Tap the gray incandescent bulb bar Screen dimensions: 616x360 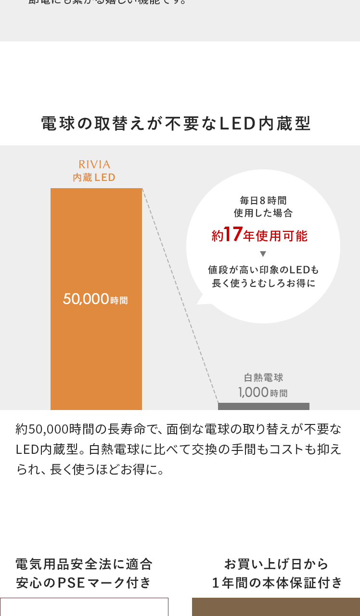[x=264, y=407]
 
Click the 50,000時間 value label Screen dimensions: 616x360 [x=95, y=299]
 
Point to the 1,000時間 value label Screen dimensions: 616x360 [x=263, y=392]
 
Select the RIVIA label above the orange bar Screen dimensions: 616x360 [x=94, y=165]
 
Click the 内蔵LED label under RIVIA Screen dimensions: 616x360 [x=94, y=178]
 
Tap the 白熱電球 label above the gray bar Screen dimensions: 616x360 [x=263, y=378]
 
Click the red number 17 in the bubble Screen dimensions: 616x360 [x=233, y=234]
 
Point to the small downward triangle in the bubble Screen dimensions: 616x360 [x=263, y=254]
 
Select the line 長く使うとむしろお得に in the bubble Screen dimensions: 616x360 [x=263, y=283]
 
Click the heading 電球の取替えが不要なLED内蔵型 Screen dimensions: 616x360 [x=176, y=124]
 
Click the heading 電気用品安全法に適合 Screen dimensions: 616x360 [x=84, y=564]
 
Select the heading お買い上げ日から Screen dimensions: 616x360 [x=276, y=564]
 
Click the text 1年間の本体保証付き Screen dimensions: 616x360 [x=277, y=583]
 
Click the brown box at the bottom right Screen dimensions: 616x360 [x=276, y=607]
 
